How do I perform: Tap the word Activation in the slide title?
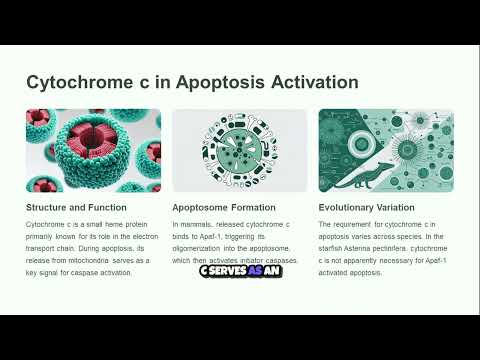(305, 82)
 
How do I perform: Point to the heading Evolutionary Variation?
(368, 207)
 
